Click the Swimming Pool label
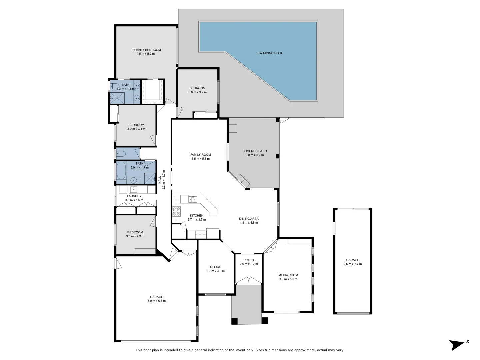click(270, 53)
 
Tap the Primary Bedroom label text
click(145, 50)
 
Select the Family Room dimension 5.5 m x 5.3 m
click(200, 159)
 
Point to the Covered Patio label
click(254, 151)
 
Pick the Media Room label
click(288, 275)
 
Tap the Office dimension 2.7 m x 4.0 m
click(215, 271)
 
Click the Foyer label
click(248, 260)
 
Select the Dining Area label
click(249, 219)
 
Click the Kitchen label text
click(197, 215)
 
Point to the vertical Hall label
click(160, 180)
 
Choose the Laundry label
click(134, 196)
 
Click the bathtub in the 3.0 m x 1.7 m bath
click(121, 170)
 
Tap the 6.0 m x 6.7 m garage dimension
click(156, 301)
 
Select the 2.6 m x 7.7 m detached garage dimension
click(352, 264)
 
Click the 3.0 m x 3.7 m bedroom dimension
click(197, 92)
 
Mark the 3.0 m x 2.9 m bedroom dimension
click(135, 236)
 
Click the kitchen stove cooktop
click(176, 211)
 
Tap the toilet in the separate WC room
click(121, 154)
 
